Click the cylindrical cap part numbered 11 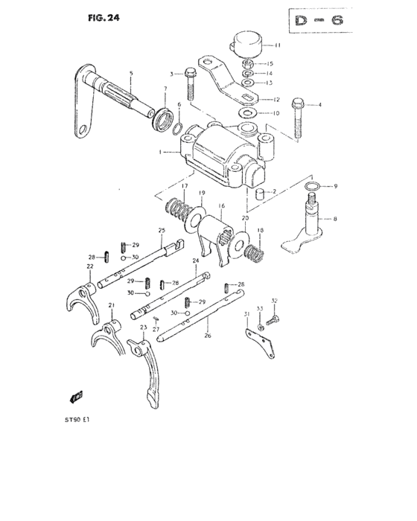247,42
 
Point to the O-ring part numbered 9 315,185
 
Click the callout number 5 131,73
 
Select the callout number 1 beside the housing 160,152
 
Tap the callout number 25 160,231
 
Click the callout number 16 221,206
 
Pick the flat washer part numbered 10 246,112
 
